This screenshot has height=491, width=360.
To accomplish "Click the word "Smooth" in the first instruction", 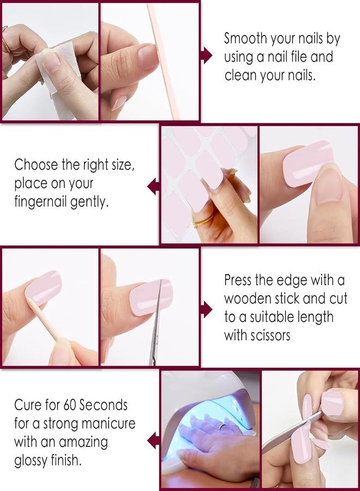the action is [x=245, y=38].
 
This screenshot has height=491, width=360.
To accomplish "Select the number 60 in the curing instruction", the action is [x=69, y=405].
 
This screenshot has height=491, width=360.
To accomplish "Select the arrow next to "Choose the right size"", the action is [x=153, y=186].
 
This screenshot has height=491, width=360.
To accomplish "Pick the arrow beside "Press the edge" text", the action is [x=206, y=310].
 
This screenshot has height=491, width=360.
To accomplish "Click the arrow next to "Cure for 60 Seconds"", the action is [x=153, y=440].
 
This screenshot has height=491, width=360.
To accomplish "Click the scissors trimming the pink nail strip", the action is [x=155, y=322].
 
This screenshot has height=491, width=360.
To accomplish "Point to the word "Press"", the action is [x=238, y=280].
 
